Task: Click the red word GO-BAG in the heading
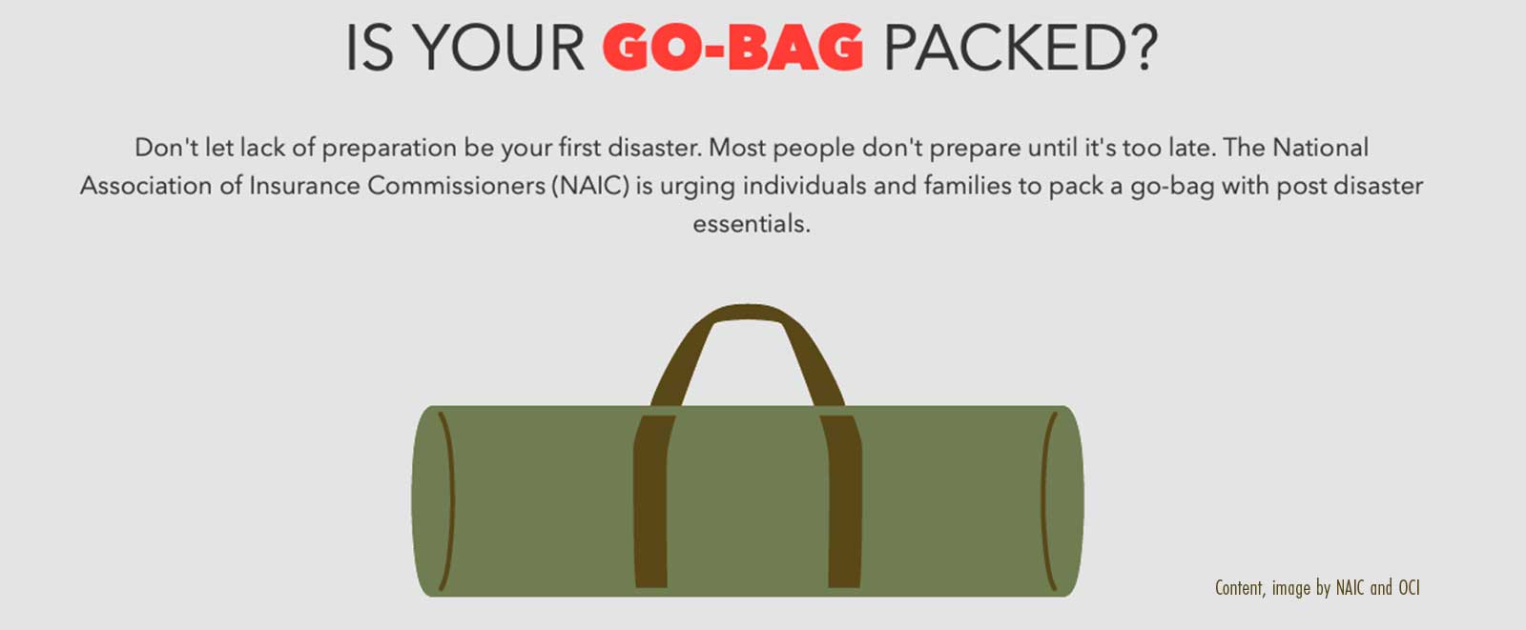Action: [x=732, y=48]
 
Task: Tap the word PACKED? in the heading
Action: [x=1021, y=48]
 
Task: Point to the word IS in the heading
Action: [x=369, y=48]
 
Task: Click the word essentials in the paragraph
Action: [x=751, y=224]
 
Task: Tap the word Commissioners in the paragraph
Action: [x=457, y=185]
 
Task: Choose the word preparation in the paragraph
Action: [x=389, y=149]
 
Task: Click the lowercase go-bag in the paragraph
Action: [x=1172, y=187]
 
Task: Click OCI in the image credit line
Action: [x=1409, y=587]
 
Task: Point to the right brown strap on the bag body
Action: [x=843, y=500]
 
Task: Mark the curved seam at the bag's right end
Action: [x=1047, y=500]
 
